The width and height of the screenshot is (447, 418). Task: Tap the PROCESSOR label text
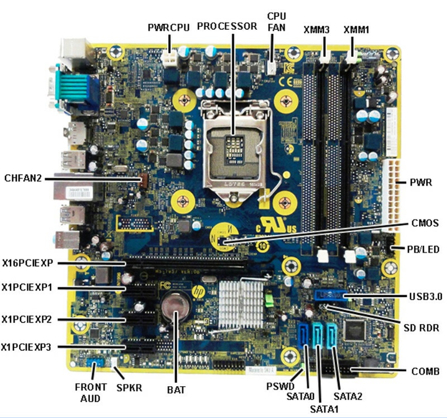[227, 26]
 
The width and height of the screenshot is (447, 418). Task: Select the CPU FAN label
[277, 22]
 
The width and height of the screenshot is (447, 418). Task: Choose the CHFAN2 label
[23, 179]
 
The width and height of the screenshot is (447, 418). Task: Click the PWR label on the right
[421, 182]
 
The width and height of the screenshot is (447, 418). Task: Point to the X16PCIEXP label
[27, 263]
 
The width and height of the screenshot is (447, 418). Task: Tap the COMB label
[425, 371]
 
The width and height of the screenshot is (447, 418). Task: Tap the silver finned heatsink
[241, 304]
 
